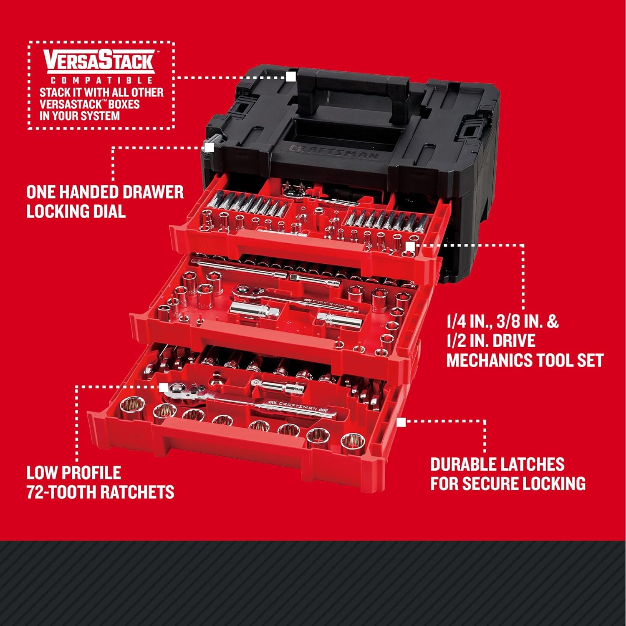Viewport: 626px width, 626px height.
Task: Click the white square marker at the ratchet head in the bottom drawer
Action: pos(164,387)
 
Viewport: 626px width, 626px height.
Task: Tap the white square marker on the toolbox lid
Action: pos(291,77)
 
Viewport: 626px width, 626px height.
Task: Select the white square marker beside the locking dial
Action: pos(209,147)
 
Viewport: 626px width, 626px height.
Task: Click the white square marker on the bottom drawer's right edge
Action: pos(401,422)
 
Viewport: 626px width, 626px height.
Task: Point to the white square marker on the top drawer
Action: pos(410,247)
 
